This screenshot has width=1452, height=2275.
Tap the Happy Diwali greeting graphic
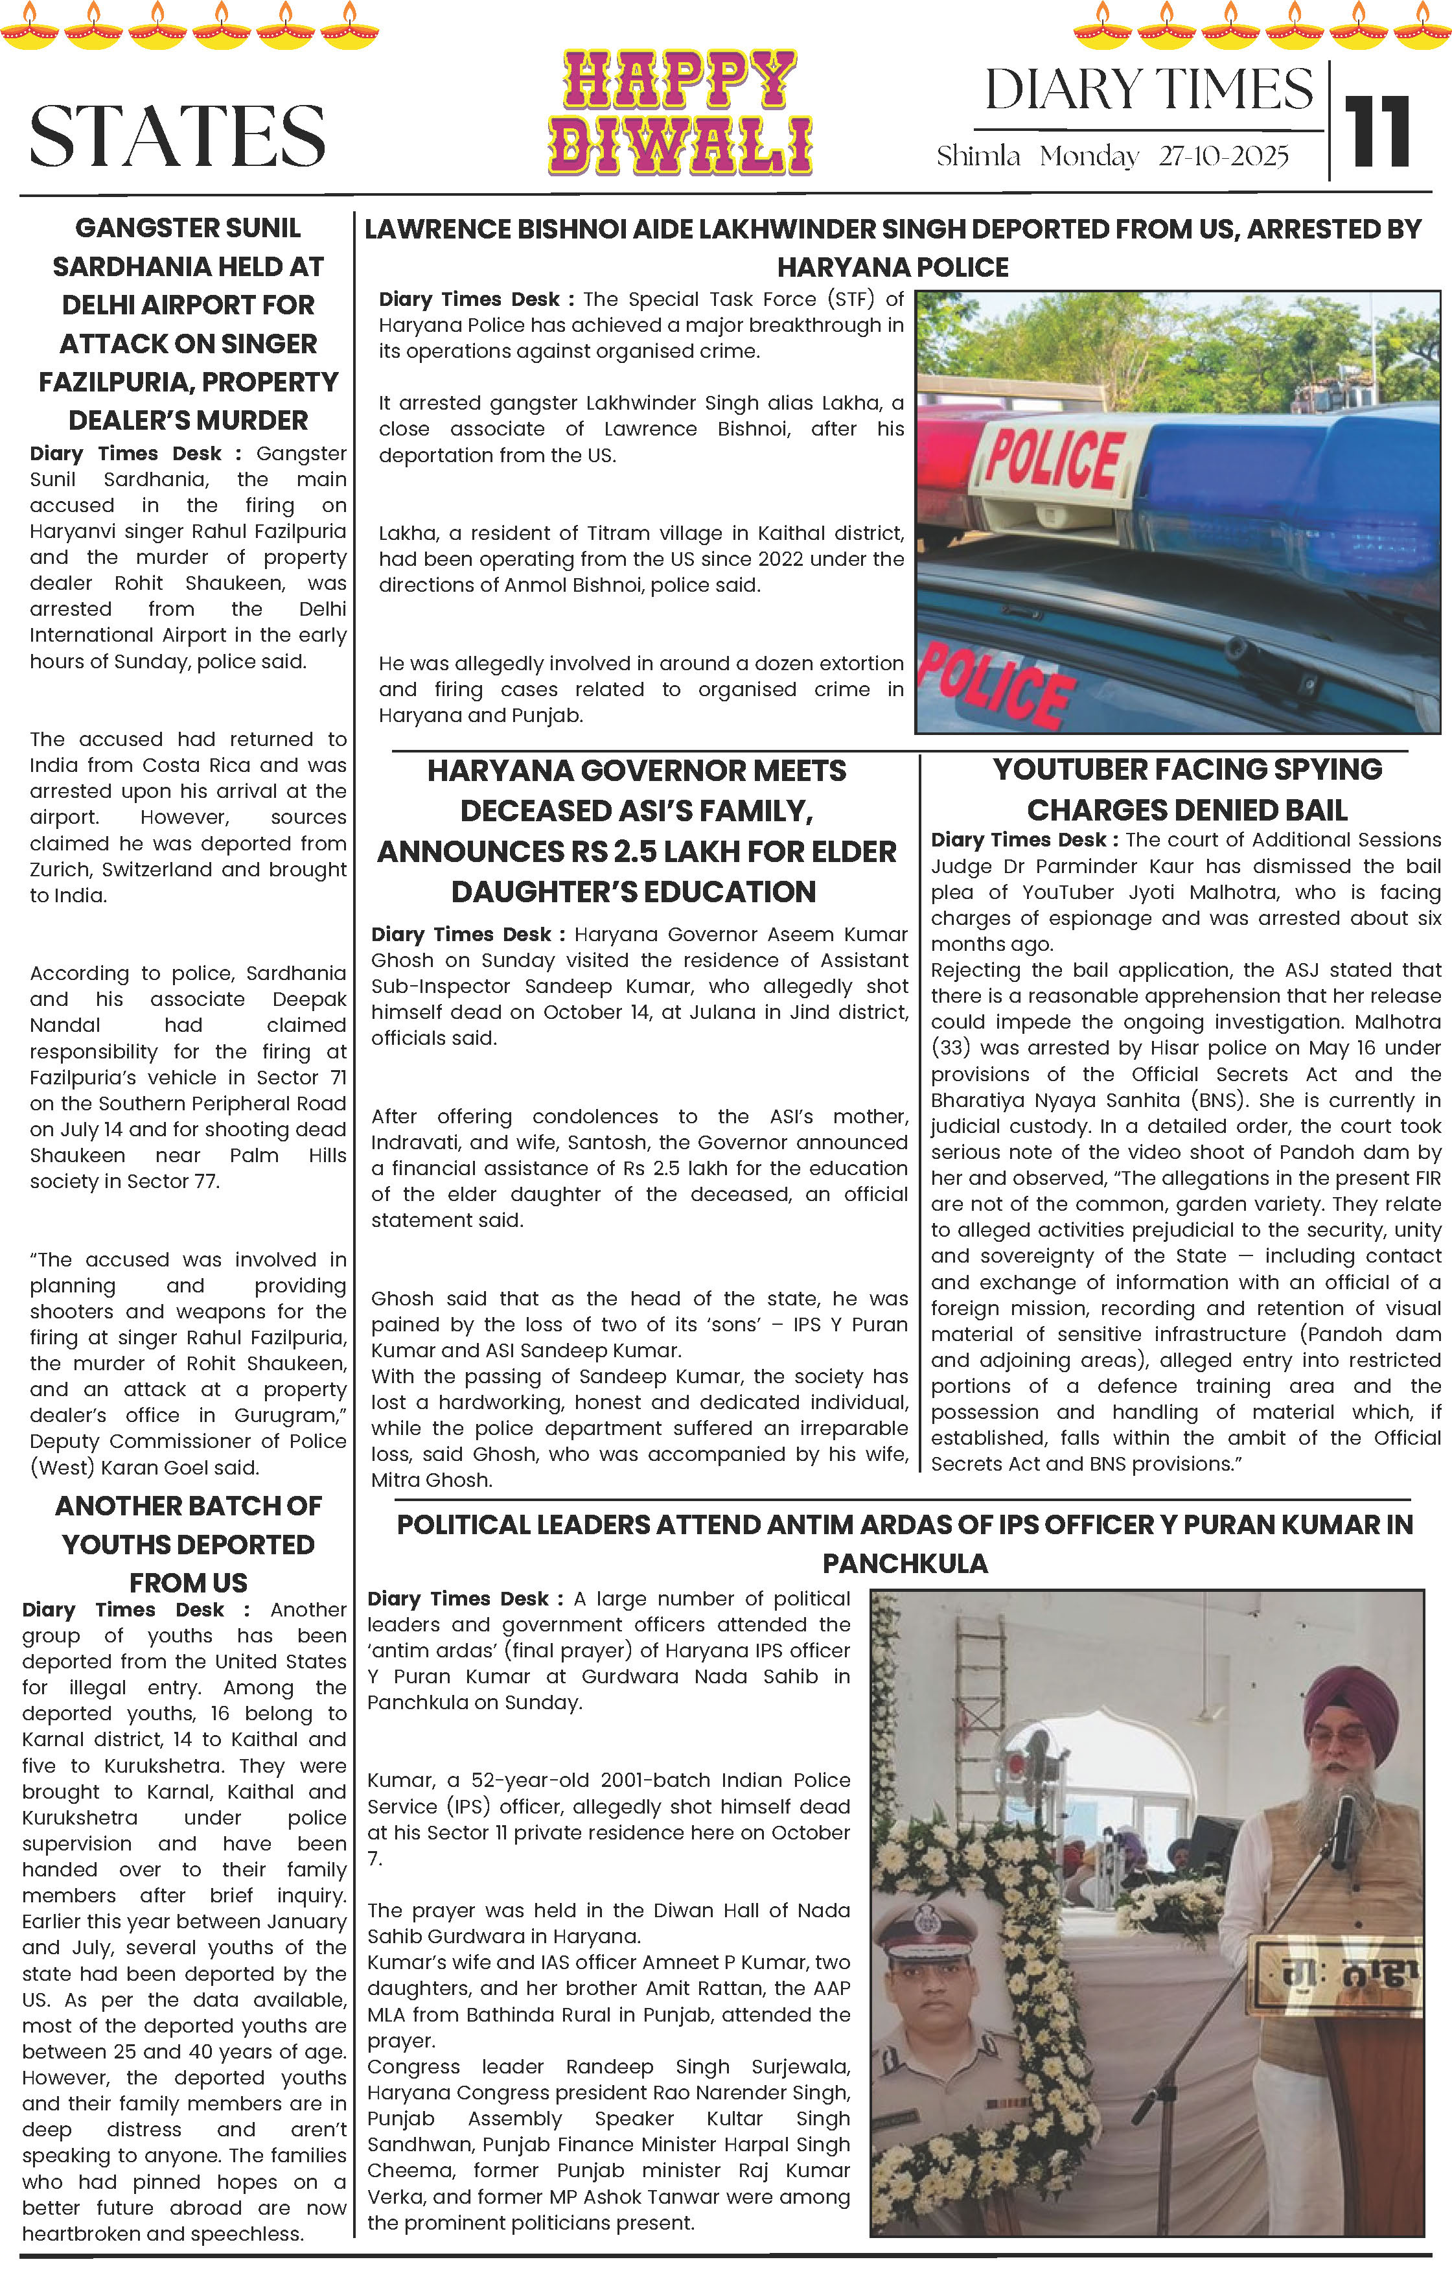tap(680, 113)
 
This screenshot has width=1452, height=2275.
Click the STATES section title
tap(178, 135)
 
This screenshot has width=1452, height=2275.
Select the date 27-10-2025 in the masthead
tap(1223, 157)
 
